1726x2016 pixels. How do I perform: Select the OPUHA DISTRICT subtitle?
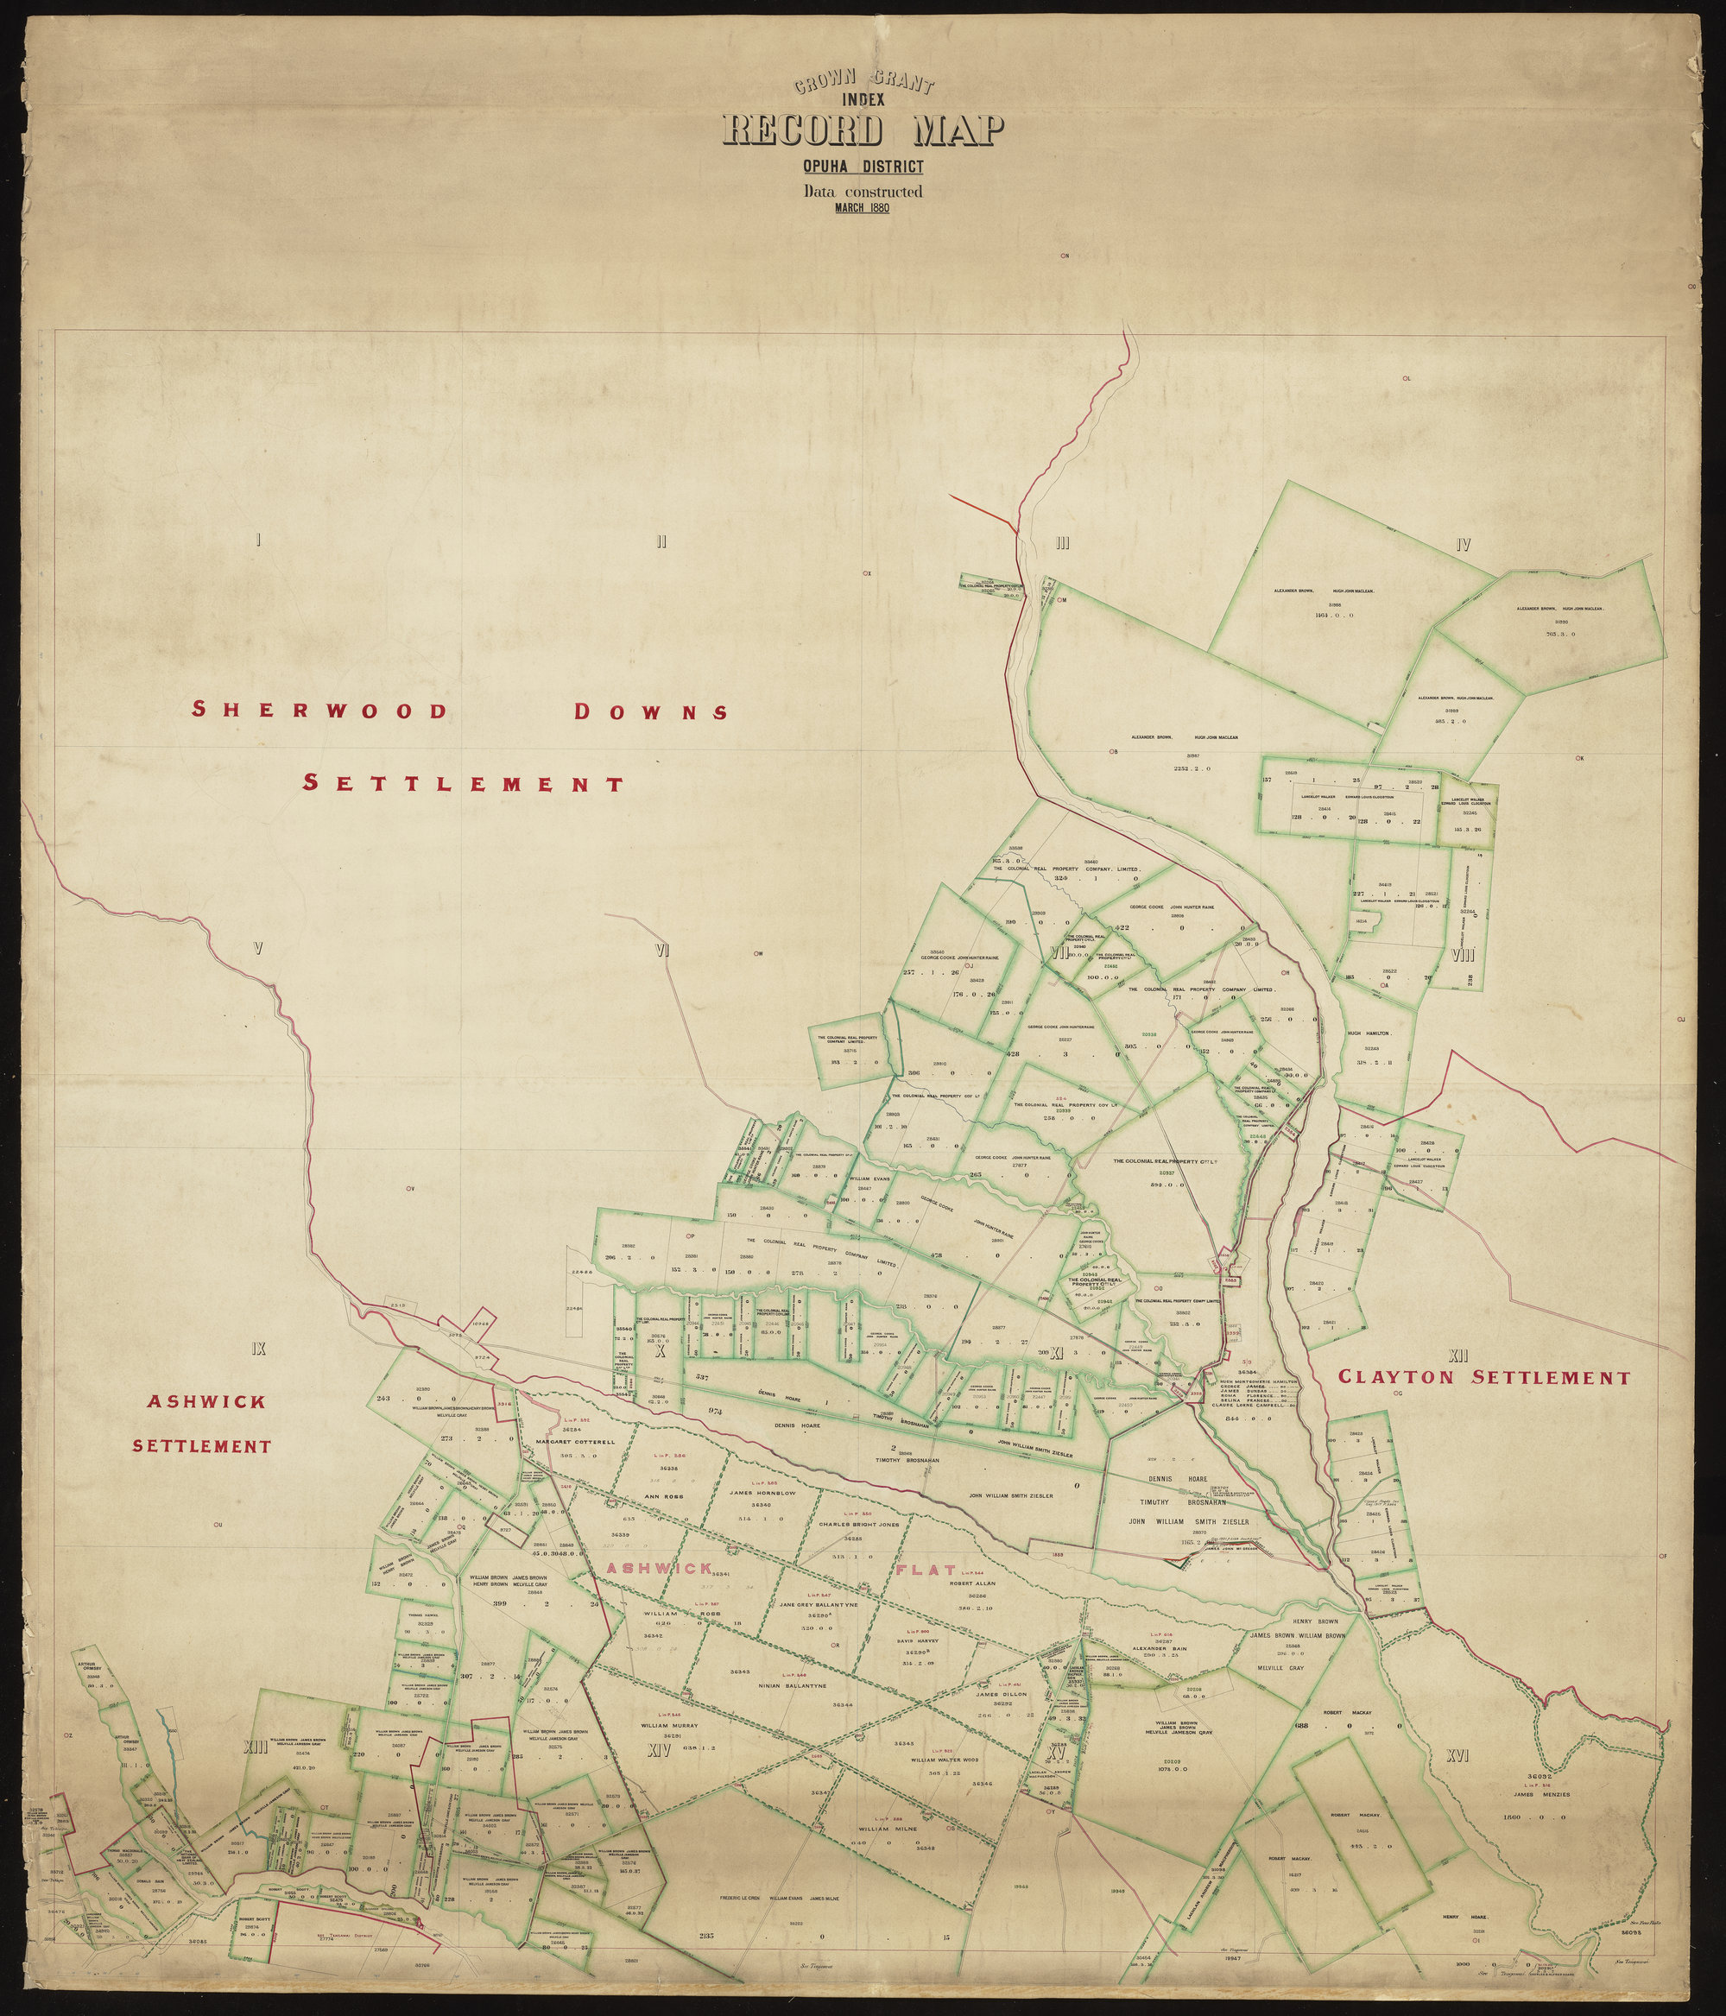(x=863, y=168)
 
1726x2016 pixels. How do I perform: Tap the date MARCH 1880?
(x=863, y=206)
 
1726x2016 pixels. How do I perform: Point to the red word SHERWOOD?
(x=320, y=710)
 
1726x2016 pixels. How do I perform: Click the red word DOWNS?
(x=651, y=711)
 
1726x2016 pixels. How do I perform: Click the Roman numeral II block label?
(x=660, y=542)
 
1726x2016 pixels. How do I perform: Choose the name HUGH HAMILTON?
(x=1370, y=1033)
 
